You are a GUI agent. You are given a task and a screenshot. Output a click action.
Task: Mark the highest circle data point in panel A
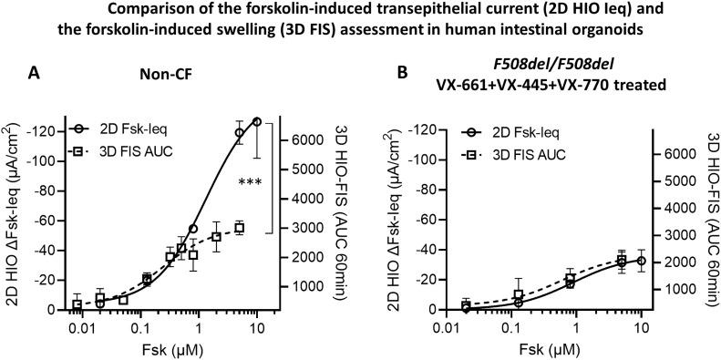pos(257,121)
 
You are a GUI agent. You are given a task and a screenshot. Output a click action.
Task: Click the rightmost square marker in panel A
pos(240,228)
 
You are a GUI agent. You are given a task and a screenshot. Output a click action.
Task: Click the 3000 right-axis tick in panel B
pos(680,235)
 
